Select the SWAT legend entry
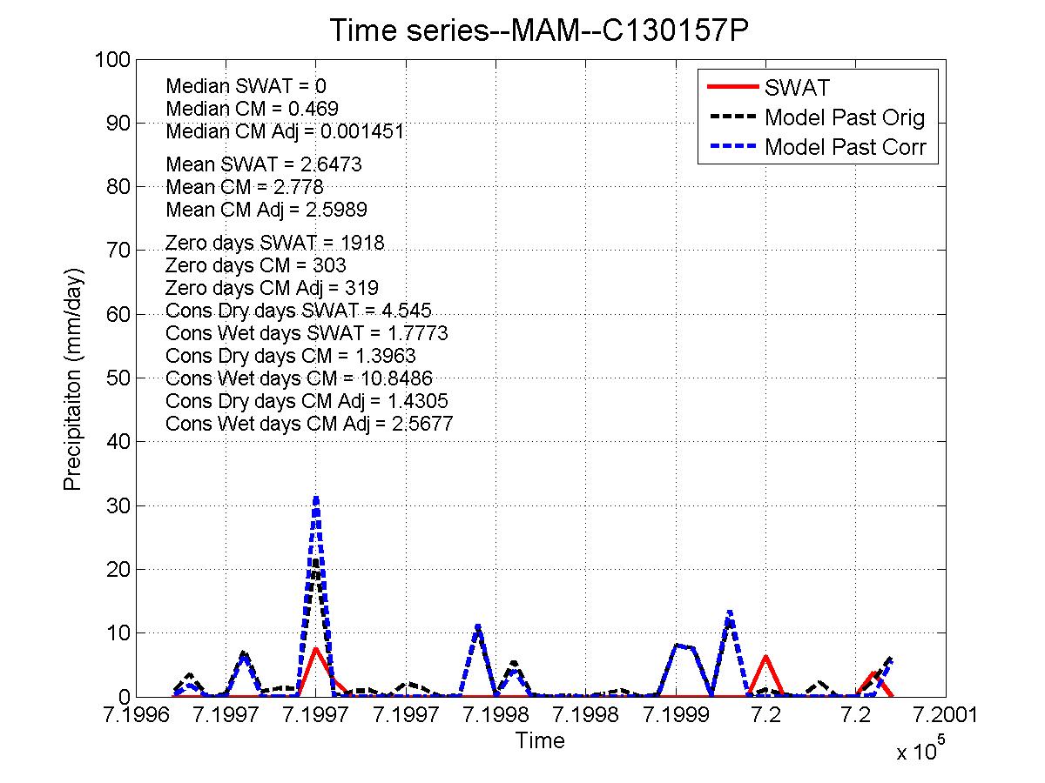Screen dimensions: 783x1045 (x=797, y=88)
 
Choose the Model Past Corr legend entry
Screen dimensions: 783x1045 (x=850, y=147)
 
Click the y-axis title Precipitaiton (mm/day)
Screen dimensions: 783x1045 (x=73, y=378)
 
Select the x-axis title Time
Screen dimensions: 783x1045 (x=539, y=741)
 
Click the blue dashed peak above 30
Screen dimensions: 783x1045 (x=316, y=498)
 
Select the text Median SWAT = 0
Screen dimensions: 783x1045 (x=246, y=86)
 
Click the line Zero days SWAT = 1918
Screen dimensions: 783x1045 (x=274, y=243)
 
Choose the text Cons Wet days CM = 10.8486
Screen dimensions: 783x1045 (x=299, y=378)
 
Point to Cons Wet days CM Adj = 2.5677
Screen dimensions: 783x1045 (x=308, y=424)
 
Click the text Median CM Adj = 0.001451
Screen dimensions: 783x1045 (x=284, y=131)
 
